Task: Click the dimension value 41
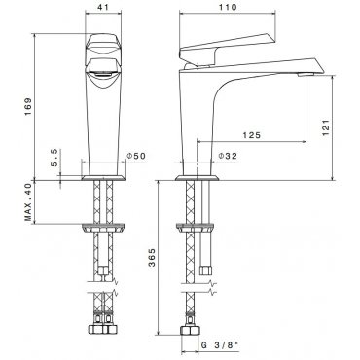tap(103, 6)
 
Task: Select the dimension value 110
tap(228, 7)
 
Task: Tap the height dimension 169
tap(28, 107)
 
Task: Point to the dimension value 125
tap(252, 135)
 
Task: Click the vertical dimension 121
tap(326, 127)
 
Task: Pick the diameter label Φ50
tap(136, 156)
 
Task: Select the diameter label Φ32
tap(228, 156)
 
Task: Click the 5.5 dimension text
tap(54, 158)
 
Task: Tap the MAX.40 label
tap(28, 202)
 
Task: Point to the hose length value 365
tap(152, 257)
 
